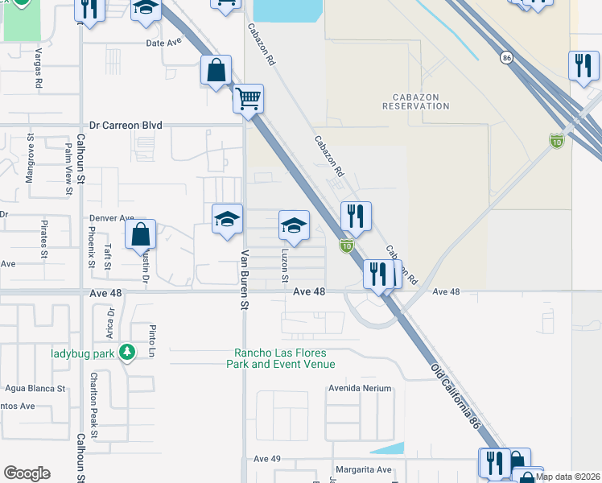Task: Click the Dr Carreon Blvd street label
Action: point(126,126)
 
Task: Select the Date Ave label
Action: point(164,43)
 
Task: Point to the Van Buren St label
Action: point(244,279)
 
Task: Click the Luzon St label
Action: point(285,265)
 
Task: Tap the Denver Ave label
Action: point(111,218)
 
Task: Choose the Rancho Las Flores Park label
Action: point(284,358)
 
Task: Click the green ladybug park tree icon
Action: point(126,353)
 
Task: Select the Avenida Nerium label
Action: point(359,388)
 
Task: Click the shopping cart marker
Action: point(249,99)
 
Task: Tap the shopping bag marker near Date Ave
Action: point(216,70)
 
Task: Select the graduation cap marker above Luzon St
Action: point(294,225)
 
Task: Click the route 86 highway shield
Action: point(505,58)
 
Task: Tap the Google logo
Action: point(27,473)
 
